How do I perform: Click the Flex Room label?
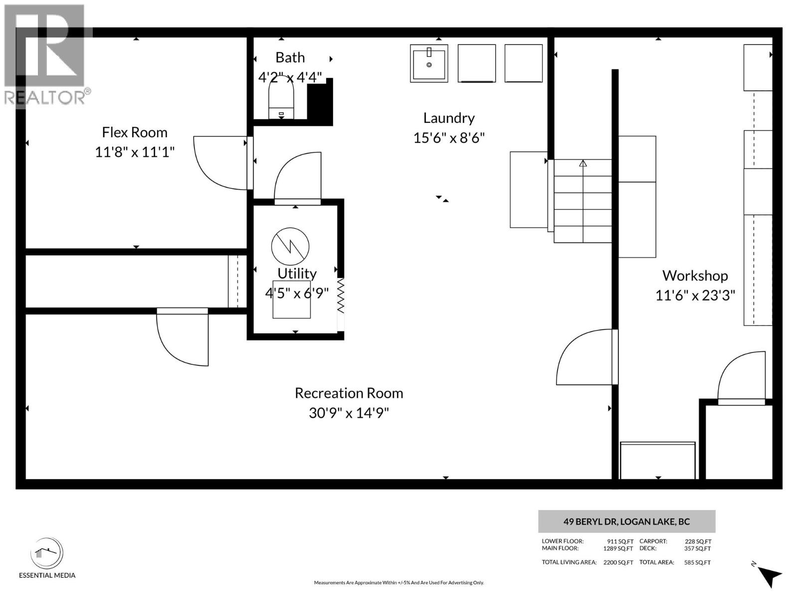coord(135,132)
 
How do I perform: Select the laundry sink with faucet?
coord(429,63)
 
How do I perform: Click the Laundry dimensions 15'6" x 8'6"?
coord(449,138)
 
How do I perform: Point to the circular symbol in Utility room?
coord(290,247)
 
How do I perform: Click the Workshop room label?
coord(695,276)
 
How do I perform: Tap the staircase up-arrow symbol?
coord(583,163)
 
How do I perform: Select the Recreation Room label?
coord(349,393)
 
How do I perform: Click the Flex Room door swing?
coord(219,163)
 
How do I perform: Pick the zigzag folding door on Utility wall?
coord(341,296)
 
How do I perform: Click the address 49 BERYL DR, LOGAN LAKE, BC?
coord(626,522)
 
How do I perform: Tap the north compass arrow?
coord(770,576)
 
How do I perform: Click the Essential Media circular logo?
coord(47,553)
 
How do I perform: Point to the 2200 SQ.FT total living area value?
coord(618,563)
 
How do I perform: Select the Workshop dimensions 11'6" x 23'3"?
coord(695,296)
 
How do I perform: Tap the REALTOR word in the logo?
coord(44,97)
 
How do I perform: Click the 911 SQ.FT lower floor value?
coord(620,541)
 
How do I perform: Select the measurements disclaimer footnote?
coord(399,583)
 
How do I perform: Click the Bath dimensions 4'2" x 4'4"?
coord(290,77)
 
